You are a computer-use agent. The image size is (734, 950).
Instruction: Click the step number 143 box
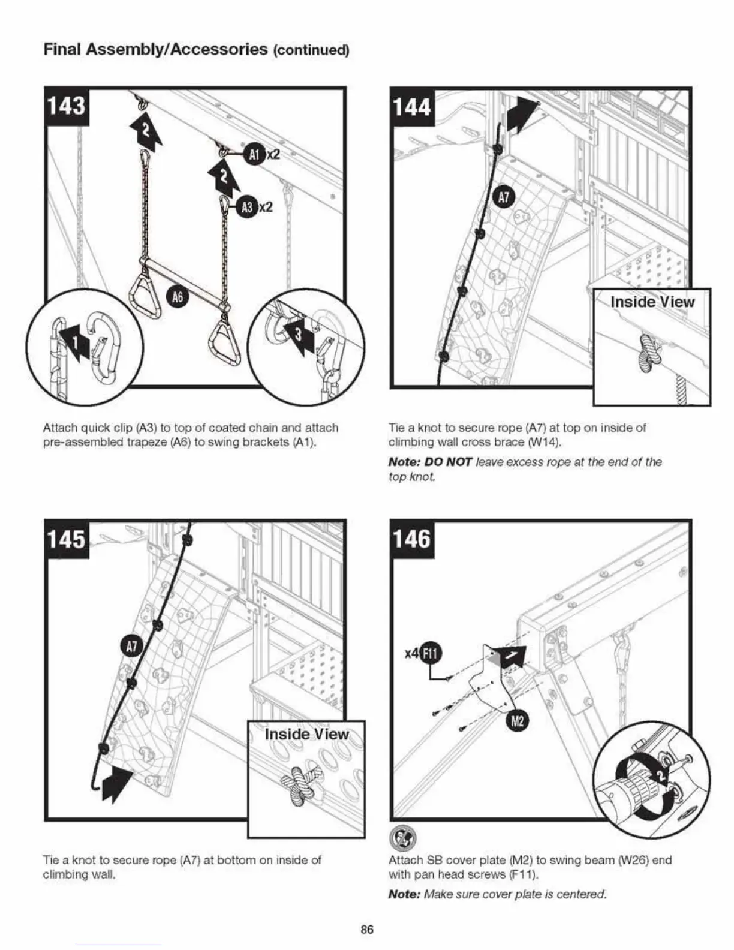pos(67,106)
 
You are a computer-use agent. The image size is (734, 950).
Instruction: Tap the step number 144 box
pos(412,107)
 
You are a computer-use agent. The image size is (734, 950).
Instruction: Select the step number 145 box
pos(67,539)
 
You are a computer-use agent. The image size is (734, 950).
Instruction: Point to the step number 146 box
pos(412,539)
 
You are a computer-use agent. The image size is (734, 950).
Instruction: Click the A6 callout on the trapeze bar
pos(178,297)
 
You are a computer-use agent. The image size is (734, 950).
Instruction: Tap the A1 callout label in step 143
pos(254,154)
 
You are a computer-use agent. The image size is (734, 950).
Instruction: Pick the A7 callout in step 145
pos(131,647)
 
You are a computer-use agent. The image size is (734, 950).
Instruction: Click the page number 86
pos(366,929)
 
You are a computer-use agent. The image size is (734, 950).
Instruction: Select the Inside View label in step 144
pos(652,302)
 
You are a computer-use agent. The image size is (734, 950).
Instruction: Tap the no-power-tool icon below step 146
pos(400,835)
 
